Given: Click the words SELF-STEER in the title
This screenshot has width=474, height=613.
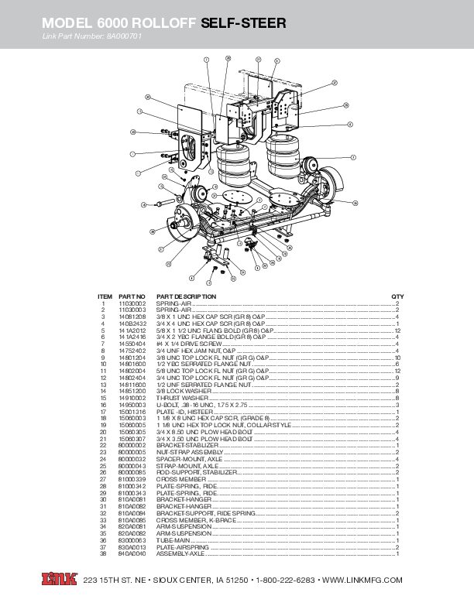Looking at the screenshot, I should [x=243, y=25].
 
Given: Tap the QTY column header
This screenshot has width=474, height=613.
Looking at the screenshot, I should [x=397, y=296].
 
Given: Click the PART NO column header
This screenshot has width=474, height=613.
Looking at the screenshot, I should [x=132, y=296].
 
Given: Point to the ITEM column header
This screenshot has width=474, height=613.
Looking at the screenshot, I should [x=105, y=296].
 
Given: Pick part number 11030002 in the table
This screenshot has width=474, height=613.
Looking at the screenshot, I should [x=132, y=304].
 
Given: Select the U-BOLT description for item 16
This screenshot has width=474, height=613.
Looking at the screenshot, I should [x=201, y=405].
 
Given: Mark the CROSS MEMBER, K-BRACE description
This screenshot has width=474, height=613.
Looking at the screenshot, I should [x=191, y=521].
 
